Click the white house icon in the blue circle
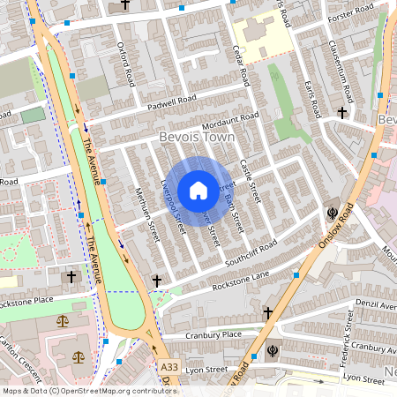point(198,190)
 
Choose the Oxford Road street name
point(126,57)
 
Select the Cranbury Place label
point(214,334)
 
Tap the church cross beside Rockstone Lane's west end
point(157,281)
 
